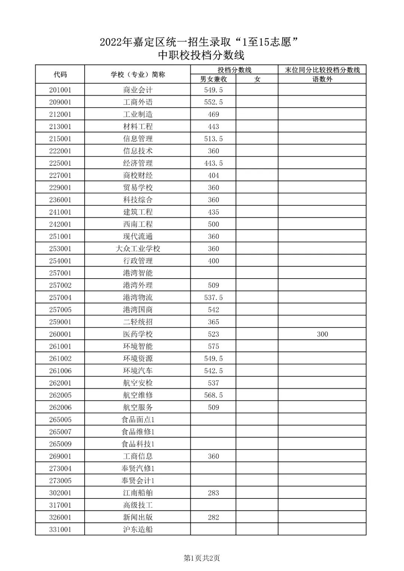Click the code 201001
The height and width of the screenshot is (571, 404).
point(60,90)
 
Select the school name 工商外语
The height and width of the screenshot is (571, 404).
point(138,102)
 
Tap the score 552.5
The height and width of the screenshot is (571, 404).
point(213,102)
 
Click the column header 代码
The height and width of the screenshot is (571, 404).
point(60,74)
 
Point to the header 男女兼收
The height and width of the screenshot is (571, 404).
point(213,79)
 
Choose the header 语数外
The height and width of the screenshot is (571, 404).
point(322,79)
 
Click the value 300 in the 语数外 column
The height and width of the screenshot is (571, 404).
point(322,334)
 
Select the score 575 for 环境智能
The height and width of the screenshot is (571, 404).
point(213,346)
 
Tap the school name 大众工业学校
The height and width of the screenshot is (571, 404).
point(138,249)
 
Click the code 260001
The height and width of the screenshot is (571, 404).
point(60,334)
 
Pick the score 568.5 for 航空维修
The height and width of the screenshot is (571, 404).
point(213,395)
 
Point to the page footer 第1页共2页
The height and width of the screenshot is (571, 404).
point(202,558)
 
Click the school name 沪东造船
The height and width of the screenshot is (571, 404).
point(138,529)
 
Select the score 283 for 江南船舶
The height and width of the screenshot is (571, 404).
point(213,493)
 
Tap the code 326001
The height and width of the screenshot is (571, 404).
point(60,518)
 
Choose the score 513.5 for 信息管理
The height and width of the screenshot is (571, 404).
point(213,139)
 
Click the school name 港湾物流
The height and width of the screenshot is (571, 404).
point(138,298)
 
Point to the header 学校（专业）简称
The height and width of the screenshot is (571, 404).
point(138,74)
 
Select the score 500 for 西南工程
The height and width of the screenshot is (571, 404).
point(213,224)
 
